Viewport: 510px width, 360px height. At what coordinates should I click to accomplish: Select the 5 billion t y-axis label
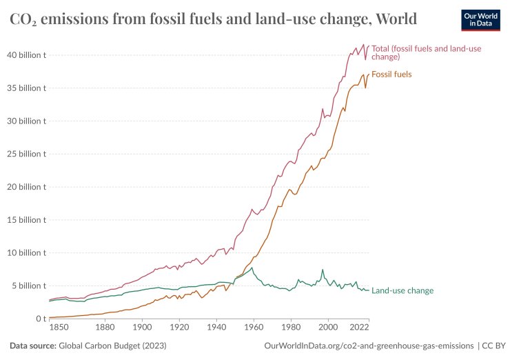tap(28, 286)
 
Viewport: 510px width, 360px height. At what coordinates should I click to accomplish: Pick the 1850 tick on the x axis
tap(59, 328)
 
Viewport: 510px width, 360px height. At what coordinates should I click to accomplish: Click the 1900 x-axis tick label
tap(143, 328)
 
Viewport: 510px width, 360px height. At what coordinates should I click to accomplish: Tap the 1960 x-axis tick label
tap(254, 328)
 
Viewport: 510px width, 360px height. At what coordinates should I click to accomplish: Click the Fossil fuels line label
tap(391, 74)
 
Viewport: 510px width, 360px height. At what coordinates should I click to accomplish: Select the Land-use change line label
tap(402, 291)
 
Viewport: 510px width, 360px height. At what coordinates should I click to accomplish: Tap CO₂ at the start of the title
tap(23, 19)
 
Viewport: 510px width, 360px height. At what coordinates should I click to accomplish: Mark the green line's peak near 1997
tap(322, 270)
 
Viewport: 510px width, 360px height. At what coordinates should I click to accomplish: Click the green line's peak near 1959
tap(252, 268)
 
